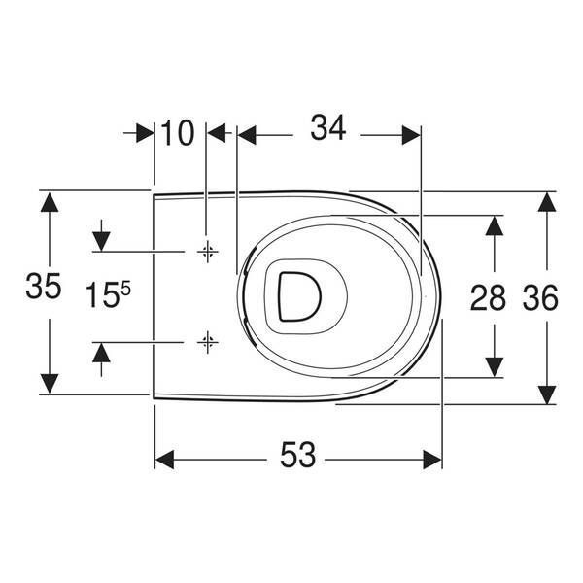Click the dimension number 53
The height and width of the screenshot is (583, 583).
297,455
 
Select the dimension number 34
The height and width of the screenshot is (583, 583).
328,128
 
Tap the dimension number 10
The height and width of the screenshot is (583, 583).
178,133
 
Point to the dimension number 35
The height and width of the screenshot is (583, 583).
43,286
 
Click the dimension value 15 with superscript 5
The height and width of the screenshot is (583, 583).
108,294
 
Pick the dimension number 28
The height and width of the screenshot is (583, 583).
488,297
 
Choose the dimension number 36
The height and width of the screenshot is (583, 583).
540,297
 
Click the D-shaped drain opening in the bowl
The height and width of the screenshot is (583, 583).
299,296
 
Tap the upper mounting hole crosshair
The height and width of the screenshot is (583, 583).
208,252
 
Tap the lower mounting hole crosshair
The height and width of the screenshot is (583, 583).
208,342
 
